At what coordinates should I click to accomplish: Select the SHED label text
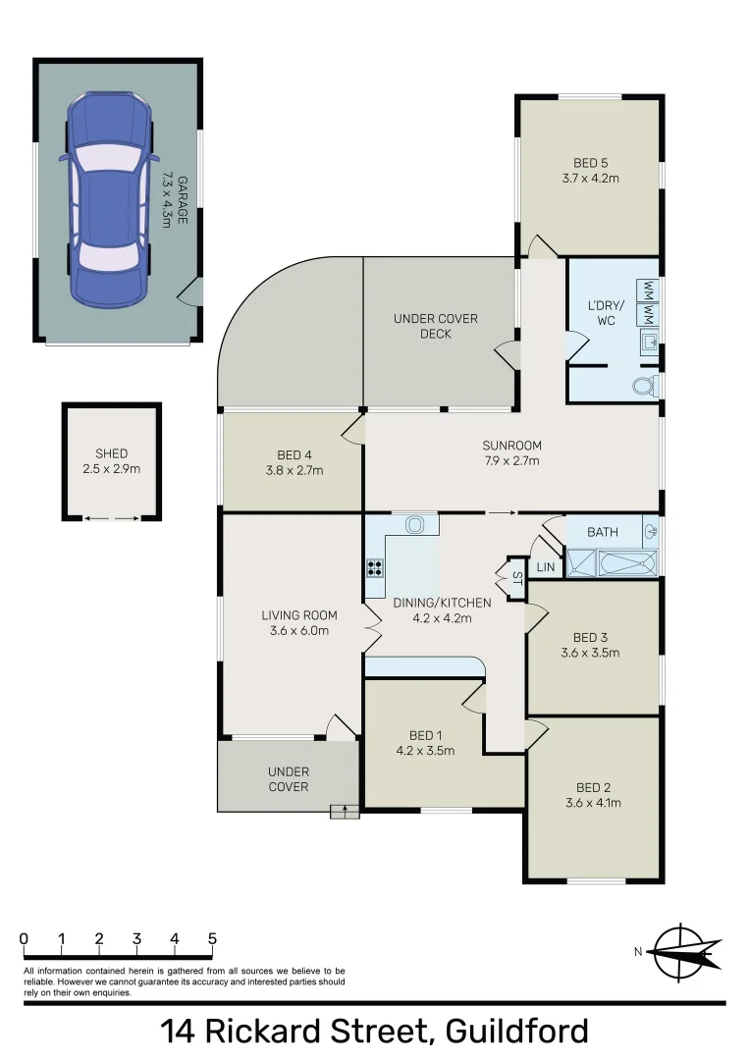111,453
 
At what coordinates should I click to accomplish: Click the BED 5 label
589,163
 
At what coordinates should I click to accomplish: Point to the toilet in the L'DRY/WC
644,387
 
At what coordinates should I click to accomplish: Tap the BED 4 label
294,455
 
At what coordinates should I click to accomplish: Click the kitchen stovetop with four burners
374,566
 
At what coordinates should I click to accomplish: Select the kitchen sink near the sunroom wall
414,525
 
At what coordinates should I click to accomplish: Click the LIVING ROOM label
299,615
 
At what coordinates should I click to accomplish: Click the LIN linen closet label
545,566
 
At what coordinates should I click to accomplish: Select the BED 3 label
589,636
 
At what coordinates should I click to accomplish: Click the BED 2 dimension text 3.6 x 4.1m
593,803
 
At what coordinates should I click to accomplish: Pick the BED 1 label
425,736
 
